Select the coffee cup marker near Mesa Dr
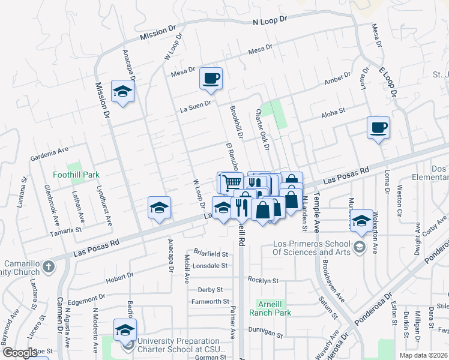(211, 79)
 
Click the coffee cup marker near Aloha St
(378, 128)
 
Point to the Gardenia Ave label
(50, 158)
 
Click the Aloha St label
(334, 112)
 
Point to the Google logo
(20, 353)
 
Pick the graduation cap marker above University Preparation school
(125, 329)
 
